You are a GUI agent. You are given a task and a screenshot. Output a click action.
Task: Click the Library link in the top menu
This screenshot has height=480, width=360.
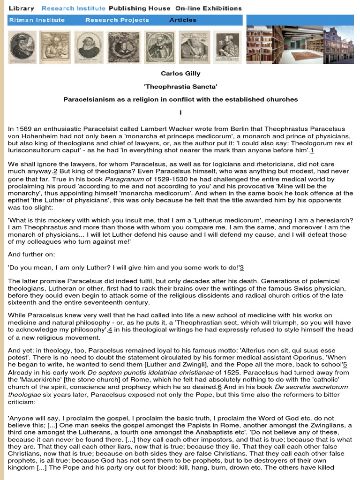point(22,8)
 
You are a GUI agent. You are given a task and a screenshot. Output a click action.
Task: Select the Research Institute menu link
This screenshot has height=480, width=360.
point(73,8)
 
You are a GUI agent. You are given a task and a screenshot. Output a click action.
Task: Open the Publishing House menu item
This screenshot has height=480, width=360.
point(139,8)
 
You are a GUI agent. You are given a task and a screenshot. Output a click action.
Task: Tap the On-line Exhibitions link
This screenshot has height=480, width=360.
point(208,8)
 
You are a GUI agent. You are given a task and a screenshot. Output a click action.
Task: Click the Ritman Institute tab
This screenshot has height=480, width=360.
point(37,20)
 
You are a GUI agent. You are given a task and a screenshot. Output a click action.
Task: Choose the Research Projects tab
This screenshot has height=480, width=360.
point(117,20)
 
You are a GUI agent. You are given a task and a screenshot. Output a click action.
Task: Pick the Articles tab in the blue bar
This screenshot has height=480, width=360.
point(183,20)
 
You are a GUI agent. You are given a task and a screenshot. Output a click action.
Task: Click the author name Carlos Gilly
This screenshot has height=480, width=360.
point(180,74)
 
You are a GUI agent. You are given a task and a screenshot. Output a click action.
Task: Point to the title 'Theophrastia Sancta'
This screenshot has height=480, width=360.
point(180,87)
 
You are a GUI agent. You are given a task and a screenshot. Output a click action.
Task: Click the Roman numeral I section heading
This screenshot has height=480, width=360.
point(180,113)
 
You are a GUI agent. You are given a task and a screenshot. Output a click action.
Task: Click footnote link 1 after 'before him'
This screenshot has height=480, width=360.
point(312,150)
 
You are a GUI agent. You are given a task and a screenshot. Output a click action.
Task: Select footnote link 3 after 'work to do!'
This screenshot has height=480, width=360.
point(242,268)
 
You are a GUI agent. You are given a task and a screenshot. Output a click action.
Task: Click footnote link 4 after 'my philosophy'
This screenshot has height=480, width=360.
point(110,330)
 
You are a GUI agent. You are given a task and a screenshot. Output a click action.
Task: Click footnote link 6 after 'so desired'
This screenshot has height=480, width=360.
point(219,387)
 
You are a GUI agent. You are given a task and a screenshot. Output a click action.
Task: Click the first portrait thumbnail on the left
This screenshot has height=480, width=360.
point(22,47)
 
